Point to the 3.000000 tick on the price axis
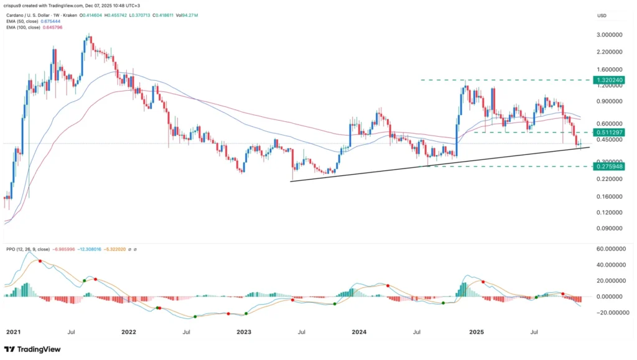[610, 35]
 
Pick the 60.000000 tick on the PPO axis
[610, 248]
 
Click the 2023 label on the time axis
[244, 332]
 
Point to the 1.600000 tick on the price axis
[610, 70]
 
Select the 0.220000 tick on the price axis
[610, 179]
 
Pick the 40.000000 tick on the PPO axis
[610, 264]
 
